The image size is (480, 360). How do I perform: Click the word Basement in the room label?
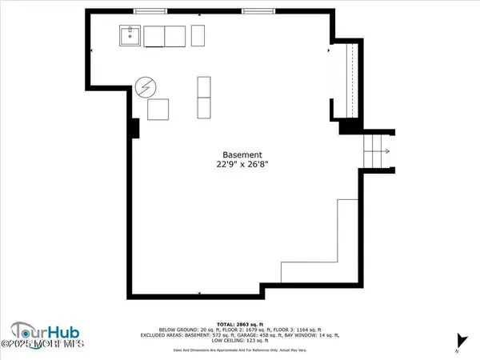coord(242,155)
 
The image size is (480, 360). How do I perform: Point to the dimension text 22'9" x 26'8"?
coord(242,166)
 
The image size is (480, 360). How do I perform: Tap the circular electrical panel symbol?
coord(146,86)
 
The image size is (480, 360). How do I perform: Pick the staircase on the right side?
coord(375,150)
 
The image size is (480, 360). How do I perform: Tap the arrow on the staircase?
coord(385,150)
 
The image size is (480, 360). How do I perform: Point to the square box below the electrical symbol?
coord(158,110)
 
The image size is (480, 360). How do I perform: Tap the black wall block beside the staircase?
coord(349,126)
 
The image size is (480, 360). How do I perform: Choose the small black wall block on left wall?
coord(135,127)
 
